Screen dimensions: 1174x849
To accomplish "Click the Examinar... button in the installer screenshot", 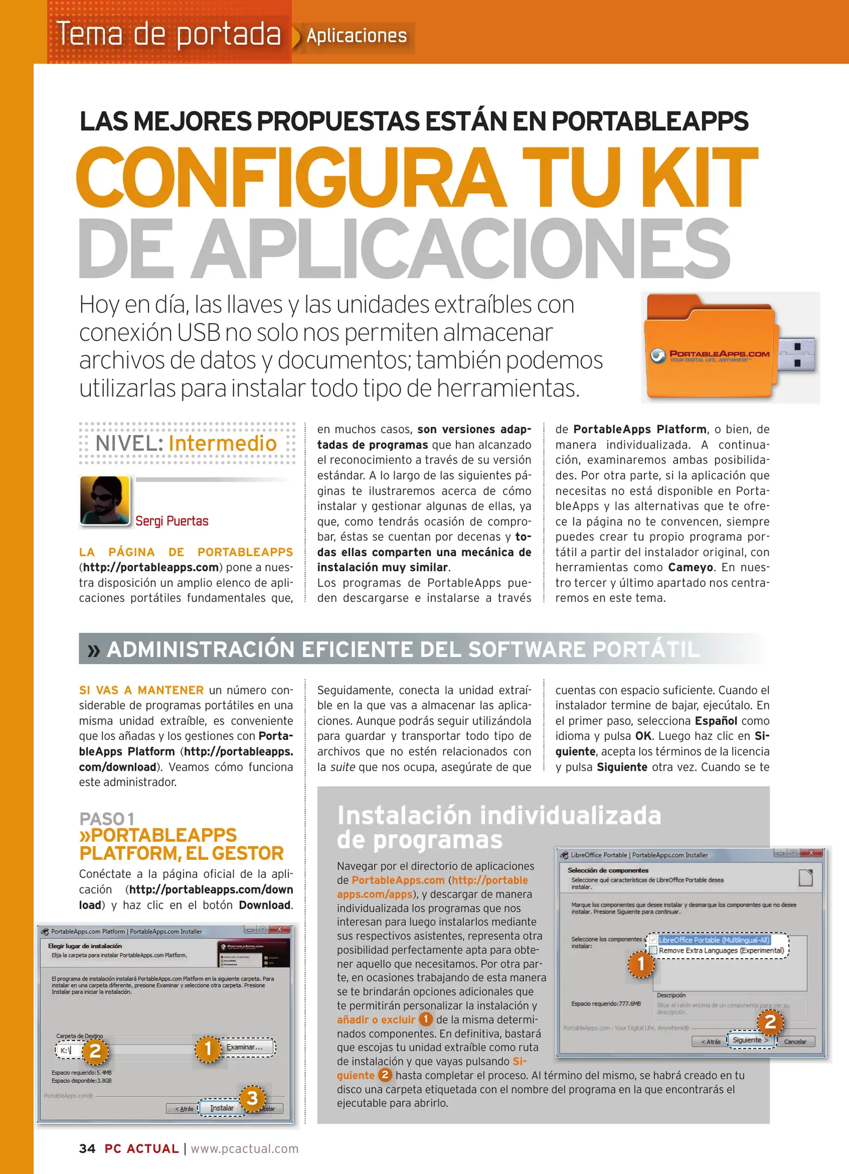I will pyautogui.click(x=244, y=1047).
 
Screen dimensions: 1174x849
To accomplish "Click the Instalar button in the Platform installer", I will pyautogui.click(x=222, y=1108).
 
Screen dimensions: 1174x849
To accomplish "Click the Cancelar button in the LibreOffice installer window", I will pyautogui.click(x=795, y=1041).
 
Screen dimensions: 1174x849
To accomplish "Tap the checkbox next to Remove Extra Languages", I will pyautogui.click(x=653, y=950).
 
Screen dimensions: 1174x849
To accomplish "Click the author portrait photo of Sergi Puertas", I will pyautogui.click(x=105, y=501).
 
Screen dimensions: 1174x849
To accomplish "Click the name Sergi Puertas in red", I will pyautogui.click(x=172, y=521).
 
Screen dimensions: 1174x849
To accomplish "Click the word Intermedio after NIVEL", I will pyautogui.click(x=223, y=444).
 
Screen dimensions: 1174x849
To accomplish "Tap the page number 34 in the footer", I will pyautogui.click(x=87, y=1148).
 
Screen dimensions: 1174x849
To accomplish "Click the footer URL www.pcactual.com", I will pyautogui.click(x=244, y=1148).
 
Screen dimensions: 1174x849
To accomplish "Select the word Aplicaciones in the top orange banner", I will pyautogui.click(x=356, y=36).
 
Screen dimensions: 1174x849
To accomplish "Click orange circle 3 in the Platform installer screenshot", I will pyautogui.click(x=252, y=1098).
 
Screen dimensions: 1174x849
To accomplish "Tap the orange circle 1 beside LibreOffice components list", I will pyautogui.click(x=640, y=964).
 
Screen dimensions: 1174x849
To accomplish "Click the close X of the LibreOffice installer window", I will pyautogui.click(x=812, y=853).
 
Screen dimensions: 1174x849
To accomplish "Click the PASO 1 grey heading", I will pyautogui.click(x=106, y=819).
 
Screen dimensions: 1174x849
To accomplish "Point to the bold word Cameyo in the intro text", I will pyautogui.click(x=690, y=567).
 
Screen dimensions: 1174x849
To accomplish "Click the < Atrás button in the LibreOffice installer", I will pyautogui.click(x=710, y=1041).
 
